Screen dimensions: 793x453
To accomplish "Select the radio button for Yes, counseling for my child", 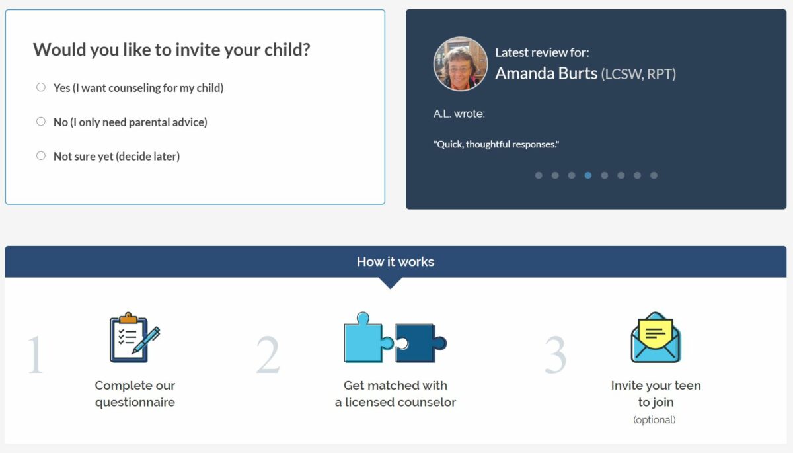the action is [41, 87].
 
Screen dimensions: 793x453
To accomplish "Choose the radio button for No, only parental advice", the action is [41, 122].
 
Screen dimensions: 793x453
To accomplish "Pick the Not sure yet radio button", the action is [41, 156].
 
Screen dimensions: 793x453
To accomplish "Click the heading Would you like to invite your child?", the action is [171, 50].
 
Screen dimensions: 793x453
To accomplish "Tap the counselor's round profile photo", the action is [460, 63].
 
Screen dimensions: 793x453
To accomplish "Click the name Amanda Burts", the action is [546, 73].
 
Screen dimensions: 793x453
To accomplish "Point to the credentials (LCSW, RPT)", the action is [638, 74].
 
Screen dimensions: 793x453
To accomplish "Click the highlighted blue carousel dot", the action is [588, 175].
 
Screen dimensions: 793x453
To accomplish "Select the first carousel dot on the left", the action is [539, 175].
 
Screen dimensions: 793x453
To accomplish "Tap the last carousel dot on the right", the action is [654, 175].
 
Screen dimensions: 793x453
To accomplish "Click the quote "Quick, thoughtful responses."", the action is [496, 144].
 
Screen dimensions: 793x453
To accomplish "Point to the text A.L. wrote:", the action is [459, 114].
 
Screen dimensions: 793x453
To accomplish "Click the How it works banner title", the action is [395, 261].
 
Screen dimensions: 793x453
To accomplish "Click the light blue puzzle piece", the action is [368, 337].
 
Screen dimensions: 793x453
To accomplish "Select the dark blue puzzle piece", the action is [420, 343].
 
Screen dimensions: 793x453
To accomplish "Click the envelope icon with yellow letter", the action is [656, 337].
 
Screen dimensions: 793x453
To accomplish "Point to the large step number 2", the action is [268, 355].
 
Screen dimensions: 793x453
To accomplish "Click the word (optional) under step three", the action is [655, 420].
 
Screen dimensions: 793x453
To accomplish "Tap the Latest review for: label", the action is [542, 52].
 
